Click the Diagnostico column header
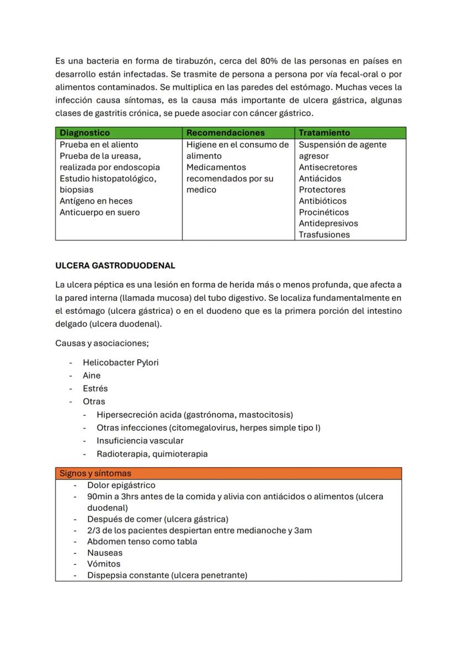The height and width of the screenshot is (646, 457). click(84, 133)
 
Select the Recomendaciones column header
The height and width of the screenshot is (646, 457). click(225, 133)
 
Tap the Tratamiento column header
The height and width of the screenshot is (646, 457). click(324, 133)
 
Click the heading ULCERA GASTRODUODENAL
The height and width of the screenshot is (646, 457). click(115, 265)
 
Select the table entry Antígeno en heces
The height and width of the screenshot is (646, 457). click(96, 201)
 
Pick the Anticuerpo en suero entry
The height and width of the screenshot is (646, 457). click(99, 212)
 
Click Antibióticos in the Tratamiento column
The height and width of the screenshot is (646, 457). click(322, 201)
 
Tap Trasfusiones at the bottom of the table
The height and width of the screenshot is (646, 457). click(324, 234)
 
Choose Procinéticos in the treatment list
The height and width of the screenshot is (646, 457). click(323, 212)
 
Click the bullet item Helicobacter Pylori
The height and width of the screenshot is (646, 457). click(120, 362)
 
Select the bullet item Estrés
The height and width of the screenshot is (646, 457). click(95, 388)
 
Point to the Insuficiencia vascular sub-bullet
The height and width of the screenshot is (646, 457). click(140, 441)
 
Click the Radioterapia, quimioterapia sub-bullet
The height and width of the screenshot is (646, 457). click(152, 454)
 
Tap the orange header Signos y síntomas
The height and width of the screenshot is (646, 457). click(95, 473)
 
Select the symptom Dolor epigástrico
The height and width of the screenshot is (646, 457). click(121, 485)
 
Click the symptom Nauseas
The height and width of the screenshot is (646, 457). click(105, 553)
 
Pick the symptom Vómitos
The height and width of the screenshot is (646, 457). click(104, 564)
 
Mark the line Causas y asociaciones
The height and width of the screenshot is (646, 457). click(102, 343)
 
